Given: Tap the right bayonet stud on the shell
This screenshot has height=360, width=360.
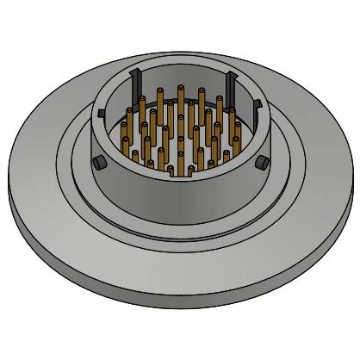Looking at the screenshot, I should click(261, 163).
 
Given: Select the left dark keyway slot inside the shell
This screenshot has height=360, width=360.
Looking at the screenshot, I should click(133, 87).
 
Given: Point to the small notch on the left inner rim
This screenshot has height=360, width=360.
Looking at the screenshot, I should click(102, 113).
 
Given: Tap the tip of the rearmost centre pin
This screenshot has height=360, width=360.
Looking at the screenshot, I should click(181, 88).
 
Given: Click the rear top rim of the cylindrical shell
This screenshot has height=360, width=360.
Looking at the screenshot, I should click(180, 65).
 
